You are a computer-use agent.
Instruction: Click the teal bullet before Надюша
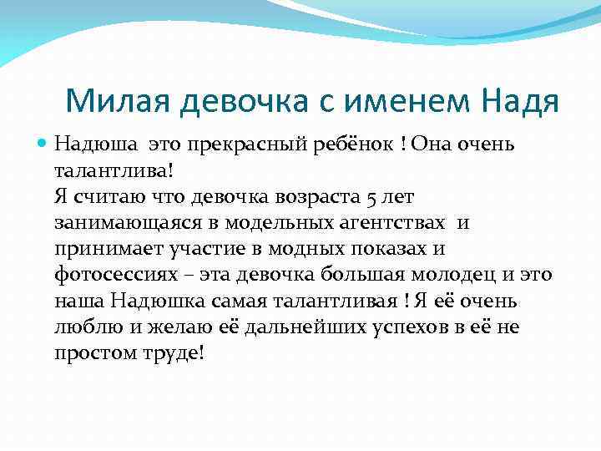click(x=44, y=145)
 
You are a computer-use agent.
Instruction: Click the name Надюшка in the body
click(x=157, y=301)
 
